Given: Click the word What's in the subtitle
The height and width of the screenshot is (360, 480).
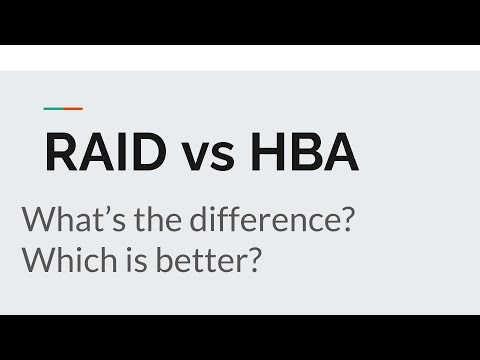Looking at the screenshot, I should (70, 220).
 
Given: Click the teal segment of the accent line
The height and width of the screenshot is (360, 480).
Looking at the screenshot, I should (52, 109).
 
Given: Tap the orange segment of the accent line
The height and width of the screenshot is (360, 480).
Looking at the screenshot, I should (72, 109).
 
